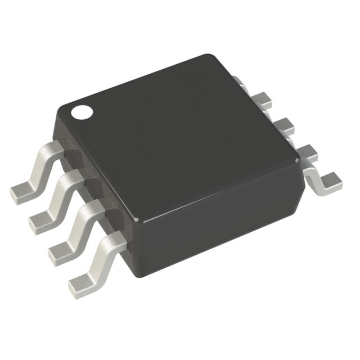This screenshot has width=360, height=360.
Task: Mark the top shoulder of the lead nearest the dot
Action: point(52,148)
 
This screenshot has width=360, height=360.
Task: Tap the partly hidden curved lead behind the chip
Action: point(239,82)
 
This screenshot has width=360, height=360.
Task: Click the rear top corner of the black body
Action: point(209,56)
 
